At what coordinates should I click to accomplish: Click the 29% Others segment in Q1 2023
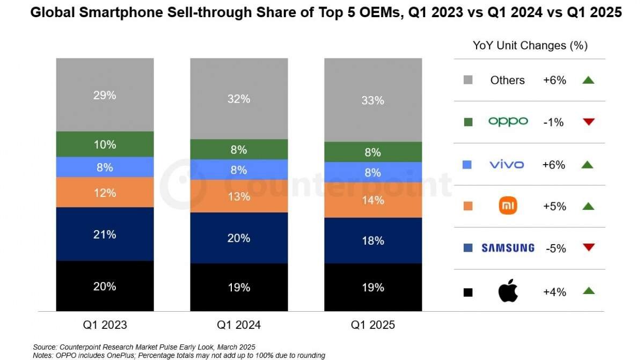point(105,95)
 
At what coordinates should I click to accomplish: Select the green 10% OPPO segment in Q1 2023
point(105,144)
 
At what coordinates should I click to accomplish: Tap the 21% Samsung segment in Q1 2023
point(105,234)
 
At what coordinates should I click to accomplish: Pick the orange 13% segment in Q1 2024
point(239,196)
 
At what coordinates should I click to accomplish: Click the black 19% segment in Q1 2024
point(239,288)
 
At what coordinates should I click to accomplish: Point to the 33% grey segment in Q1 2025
point(373,100)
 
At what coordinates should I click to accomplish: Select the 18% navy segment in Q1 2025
point(373,240)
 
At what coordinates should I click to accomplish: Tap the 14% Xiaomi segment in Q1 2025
point(373,201)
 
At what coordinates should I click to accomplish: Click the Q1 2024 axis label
point(239,325)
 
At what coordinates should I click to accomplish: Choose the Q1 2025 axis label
point(373,325)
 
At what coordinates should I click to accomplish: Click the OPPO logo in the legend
point(508,122)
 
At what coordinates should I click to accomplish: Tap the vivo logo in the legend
point(507,164)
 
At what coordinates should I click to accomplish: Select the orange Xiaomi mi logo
point(508,206)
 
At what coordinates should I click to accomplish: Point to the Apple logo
point(507,291)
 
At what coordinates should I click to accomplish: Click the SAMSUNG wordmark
point(508,248)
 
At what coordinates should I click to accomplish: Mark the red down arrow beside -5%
point(589,247)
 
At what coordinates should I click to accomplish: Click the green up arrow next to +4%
point(589,291)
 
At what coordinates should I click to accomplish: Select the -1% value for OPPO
point(553,122)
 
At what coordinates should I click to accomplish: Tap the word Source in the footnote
point(45,347)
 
